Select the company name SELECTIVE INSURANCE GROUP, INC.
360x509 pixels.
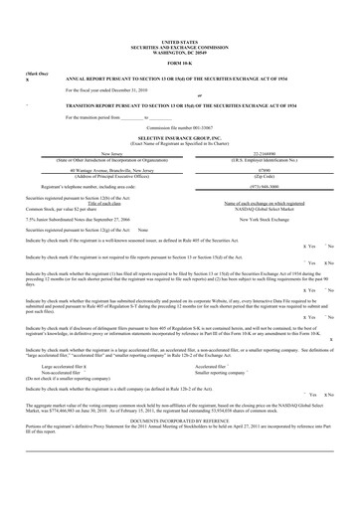(179, 139)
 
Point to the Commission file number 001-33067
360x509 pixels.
(179, 128)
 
